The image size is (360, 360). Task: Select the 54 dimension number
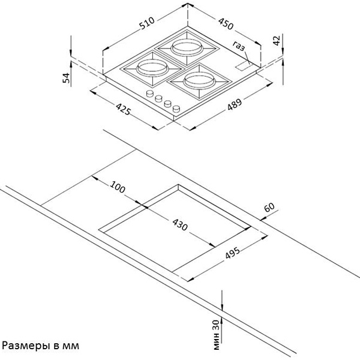click(x=67, y=76)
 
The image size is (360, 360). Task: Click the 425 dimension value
click(x=124, y=111)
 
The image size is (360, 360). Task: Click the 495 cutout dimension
click(x=233, y=253)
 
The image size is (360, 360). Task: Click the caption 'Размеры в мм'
click(x=41, y=346)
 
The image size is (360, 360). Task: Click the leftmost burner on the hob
click(x=147, y=67)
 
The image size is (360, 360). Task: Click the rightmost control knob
click(x=176, y=109)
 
